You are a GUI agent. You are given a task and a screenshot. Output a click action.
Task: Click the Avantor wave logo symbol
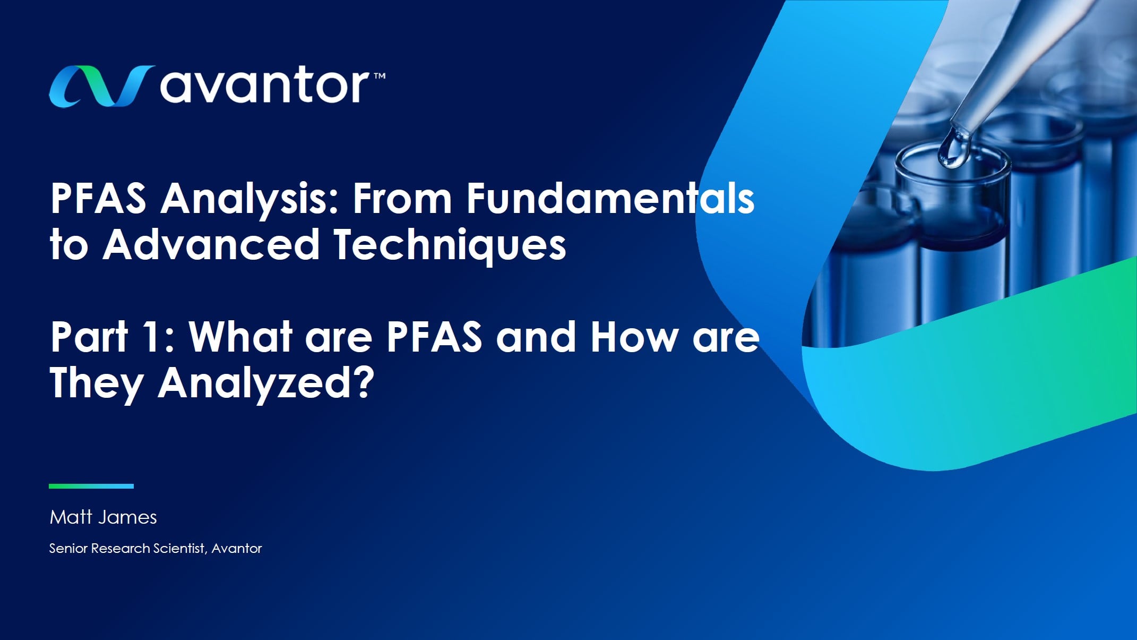(101, 86)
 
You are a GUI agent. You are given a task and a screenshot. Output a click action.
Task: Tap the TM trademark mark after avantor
(380, 76)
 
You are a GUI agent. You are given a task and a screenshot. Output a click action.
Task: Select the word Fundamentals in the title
(610, 199)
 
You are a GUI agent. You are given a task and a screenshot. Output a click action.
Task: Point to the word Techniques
(450, 245)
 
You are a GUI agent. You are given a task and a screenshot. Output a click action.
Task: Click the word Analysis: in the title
(249, 200)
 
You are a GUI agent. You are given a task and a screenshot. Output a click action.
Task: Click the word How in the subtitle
(635, 337)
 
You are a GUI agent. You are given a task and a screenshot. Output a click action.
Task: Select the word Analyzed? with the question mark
(266, 383)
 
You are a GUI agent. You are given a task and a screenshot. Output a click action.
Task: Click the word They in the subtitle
(96, 383)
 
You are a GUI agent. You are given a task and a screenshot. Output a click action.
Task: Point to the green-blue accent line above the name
(91, 486)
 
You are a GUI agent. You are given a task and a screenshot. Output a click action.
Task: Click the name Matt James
(103, 517)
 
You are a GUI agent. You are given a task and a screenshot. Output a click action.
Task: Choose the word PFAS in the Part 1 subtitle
(434, 337)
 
